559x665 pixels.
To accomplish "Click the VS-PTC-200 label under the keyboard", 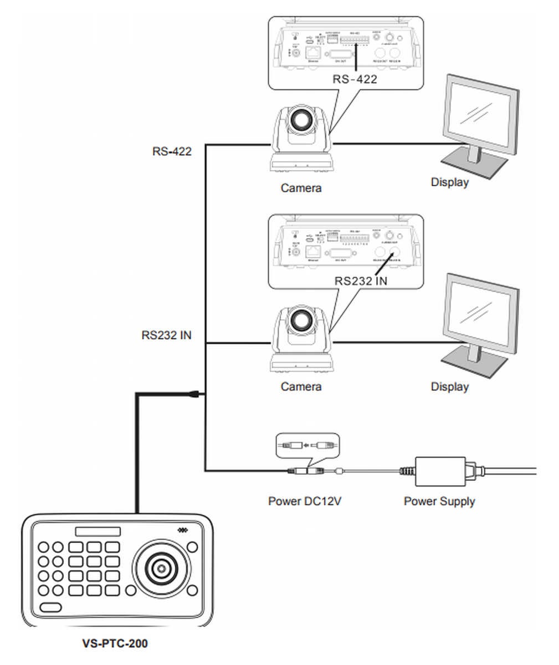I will (x=115, y=643).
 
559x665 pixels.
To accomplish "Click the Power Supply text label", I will (x=439, y=502).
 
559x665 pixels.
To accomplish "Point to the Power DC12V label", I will (x=305, y=502).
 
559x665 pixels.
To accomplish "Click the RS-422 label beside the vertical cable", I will (x=172, y=151).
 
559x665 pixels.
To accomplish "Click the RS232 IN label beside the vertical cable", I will (x=166, y=335).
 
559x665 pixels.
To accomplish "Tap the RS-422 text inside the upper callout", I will (x=355, y=79).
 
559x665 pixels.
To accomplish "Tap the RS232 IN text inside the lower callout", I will (x=361, y=281).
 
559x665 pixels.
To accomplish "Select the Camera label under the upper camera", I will (x=301, y=188).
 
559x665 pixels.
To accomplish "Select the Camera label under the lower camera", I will (x=301, y=386).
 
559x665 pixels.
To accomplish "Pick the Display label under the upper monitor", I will (x=449, y=182).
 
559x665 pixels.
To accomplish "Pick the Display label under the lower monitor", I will (x=449, y=386).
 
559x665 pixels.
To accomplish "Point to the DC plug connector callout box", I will (x=307, y=445).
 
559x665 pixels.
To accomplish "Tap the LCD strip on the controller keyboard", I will (x=98, y=531).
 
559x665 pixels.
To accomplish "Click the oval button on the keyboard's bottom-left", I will (x=51, y=607).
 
